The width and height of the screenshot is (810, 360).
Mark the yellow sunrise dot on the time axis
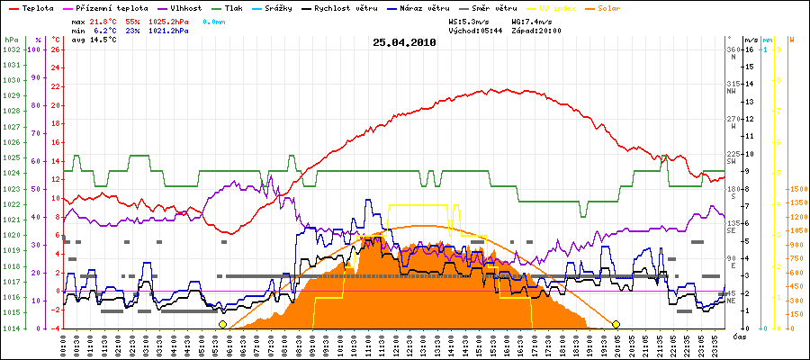click(222, 324)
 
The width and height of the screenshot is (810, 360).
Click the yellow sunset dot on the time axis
click(616, 324)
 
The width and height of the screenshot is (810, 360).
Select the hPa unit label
click(11, 40)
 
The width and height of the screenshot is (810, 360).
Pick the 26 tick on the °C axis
click(56, 49)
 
